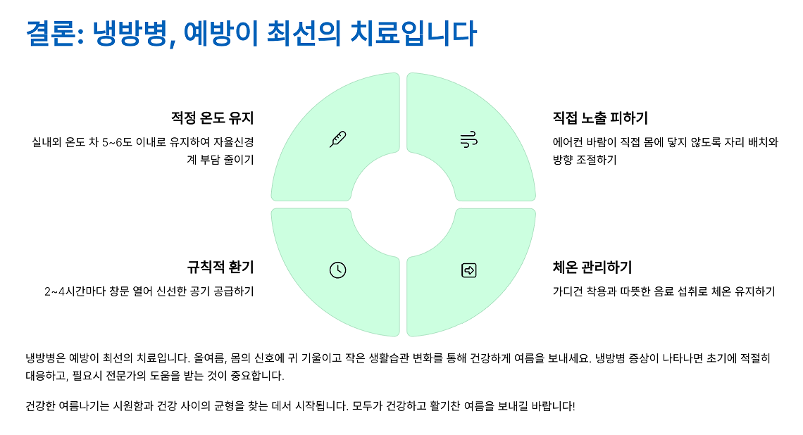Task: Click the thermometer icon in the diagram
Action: pos(338,139)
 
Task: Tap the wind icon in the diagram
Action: pos(469,139)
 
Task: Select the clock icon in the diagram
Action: pos(338,270)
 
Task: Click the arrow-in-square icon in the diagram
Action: pos(469,270)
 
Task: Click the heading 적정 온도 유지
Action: pos(211,118)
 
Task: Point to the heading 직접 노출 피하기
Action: pos(600,118)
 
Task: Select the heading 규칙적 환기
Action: pos(220,267)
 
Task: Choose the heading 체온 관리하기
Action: pos(592,267)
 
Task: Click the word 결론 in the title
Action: pos(51,34)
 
